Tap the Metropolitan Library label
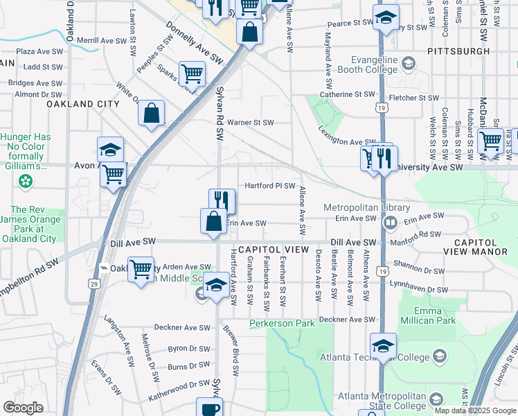tap(367, 207)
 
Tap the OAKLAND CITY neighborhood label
tap(83, 103)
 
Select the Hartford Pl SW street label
tap(270, 186)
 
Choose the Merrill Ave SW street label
tap(102, 41)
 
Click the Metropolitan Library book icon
tap(390, 223)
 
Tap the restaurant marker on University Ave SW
tap(384, 159)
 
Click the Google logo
tap(23, 408)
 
